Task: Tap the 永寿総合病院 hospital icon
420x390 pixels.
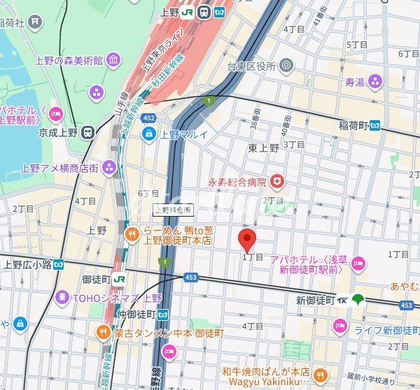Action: [279, 182]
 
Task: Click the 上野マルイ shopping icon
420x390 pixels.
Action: [149, 134]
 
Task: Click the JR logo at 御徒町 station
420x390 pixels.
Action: [120, 279]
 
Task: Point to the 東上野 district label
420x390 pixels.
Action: [263, 147]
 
